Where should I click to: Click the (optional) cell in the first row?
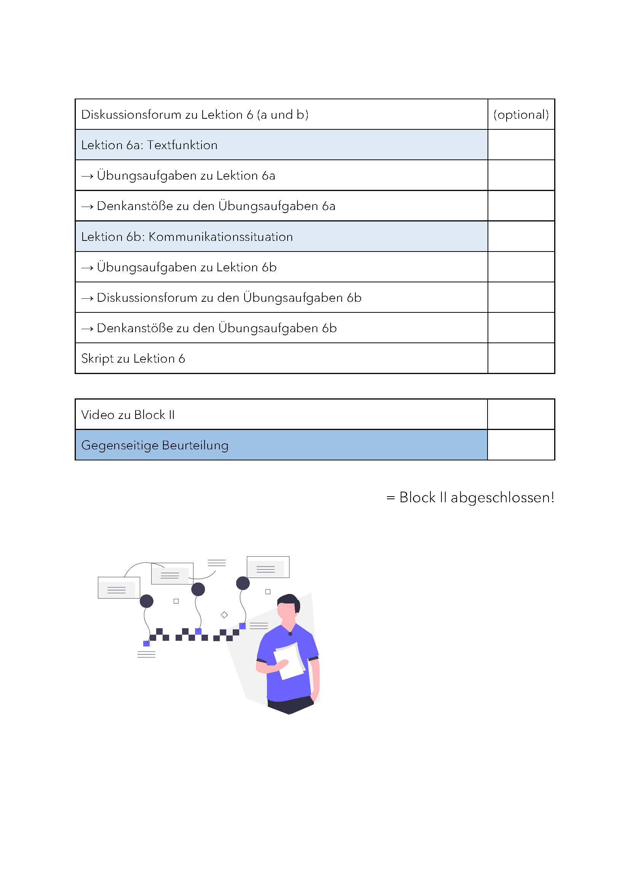pos(521,115)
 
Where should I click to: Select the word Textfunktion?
pos(182,145)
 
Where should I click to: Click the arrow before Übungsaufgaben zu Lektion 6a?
pos(87,177)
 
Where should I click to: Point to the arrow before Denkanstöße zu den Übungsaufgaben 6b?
pos(87,329)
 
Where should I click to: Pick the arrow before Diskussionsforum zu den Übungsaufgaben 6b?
pos(87,298)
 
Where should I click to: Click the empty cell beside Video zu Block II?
pos(521,414)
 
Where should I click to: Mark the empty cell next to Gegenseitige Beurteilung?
pos(521,445)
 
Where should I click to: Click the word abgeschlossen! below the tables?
pos(502,498)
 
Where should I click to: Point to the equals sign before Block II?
pos(390,498)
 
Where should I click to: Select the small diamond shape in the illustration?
pos(224,615)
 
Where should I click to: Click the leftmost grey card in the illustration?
pos(119,587)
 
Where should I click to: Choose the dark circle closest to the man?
pos(243,583)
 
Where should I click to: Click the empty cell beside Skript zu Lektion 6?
pos(521,358)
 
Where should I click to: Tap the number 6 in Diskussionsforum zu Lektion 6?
pos(250,115)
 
